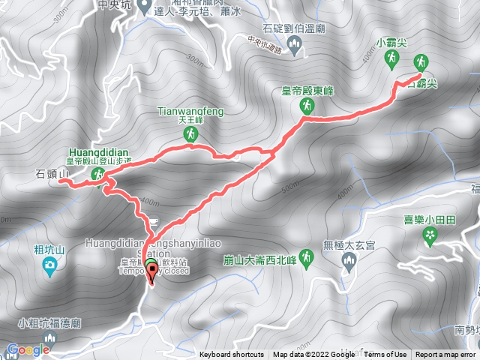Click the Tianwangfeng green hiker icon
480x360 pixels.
[x=190, y=134]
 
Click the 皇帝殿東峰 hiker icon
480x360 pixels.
[x=307, y=106]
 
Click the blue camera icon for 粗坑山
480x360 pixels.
[x=49, y=265]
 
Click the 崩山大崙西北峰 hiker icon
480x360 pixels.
[x=307, y=259]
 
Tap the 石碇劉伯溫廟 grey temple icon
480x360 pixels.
[x=295, y=49]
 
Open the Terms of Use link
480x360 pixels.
[x=386, y=355]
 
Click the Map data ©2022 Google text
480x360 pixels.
[x=313, y=355]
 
